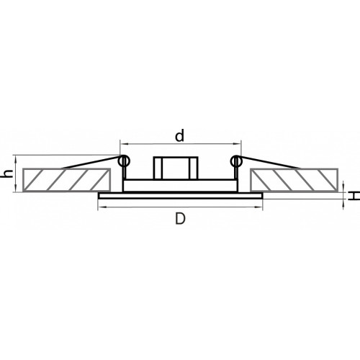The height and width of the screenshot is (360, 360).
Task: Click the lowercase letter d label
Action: (179, 135)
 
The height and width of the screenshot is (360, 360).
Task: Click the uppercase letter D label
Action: (180, 219)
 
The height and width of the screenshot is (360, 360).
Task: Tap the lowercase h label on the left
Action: (8, 174)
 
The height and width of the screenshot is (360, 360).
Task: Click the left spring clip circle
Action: (124, 161)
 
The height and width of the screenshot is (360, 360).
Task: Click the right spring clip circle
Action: (236, 161)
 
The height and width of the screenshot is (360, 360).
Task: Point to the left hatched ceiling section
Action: (66, 180)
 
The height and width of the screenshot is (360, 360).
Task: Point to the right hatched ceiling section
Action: (294, 180)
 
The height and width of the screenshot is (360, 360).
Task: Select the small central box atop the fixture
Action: (176, 168)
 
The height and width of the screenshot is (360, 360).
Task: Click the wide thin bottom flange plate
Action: (181, 196)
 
